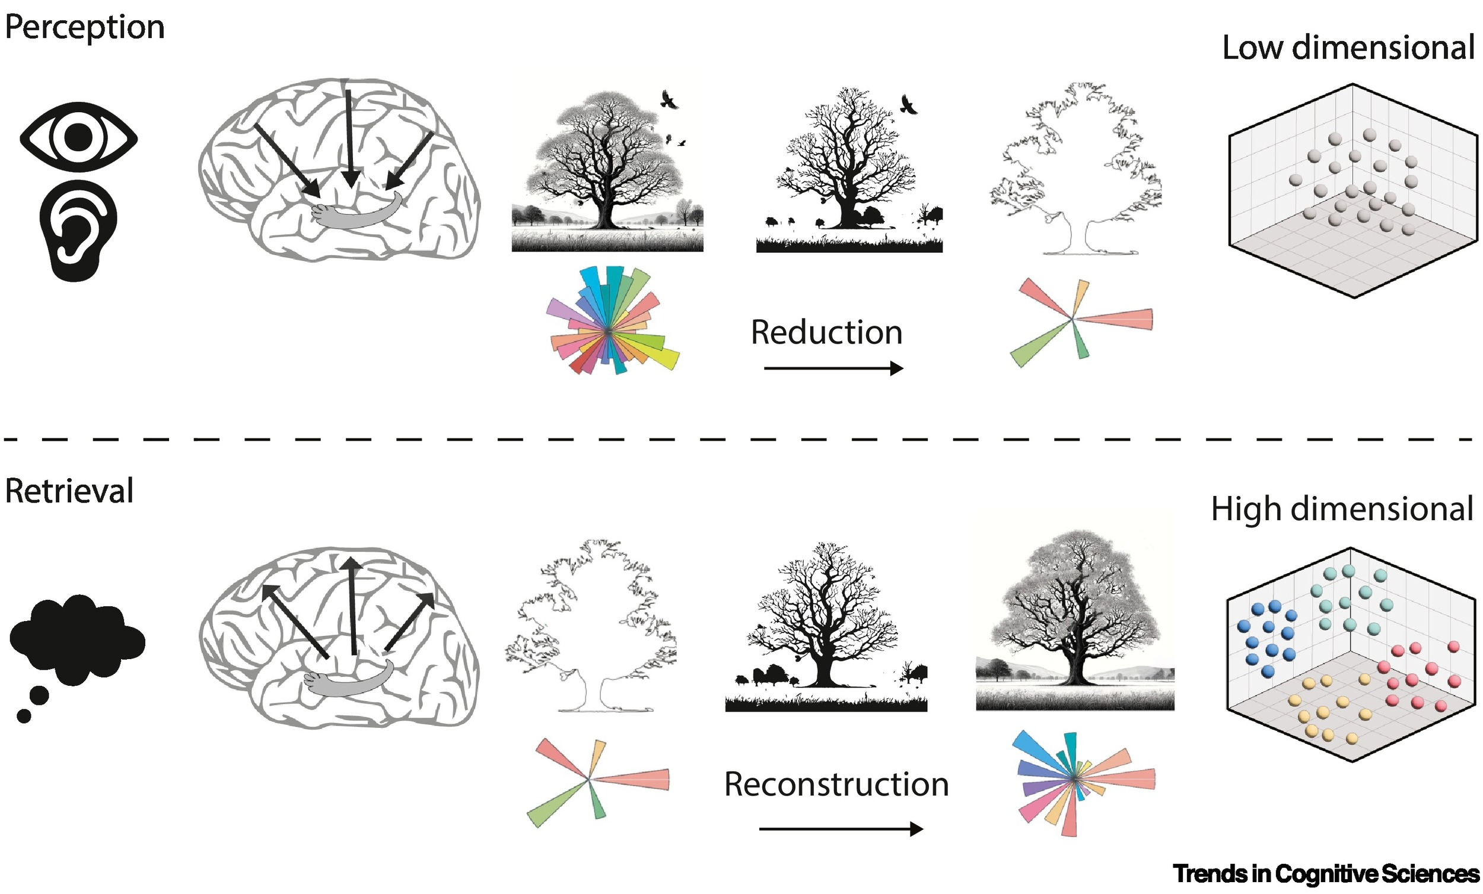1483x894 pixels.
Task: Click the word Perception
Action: [x=84, y=28]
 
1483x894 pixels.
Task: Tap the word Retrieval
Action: [x=69, y=491]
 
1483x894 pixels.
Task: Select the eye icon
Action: [x=78, y=137]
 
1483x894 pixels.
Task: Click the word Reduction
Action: [x=826, y=332]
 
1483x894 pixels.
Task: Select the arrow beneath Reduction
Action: [x=833, y=368]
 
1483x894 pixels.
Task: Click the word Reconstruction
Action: [x=836, y=784]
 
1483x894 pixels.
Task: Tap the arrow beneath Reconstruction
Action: [x=840, y=829]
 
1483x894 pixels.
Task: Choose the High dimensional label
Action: [x=1342, y=509]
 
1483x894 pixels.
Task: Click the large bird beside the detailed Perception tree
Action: [x=668, y=100]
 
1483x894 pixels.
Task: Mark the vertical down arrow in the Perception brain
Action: [x=349, y=138]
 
